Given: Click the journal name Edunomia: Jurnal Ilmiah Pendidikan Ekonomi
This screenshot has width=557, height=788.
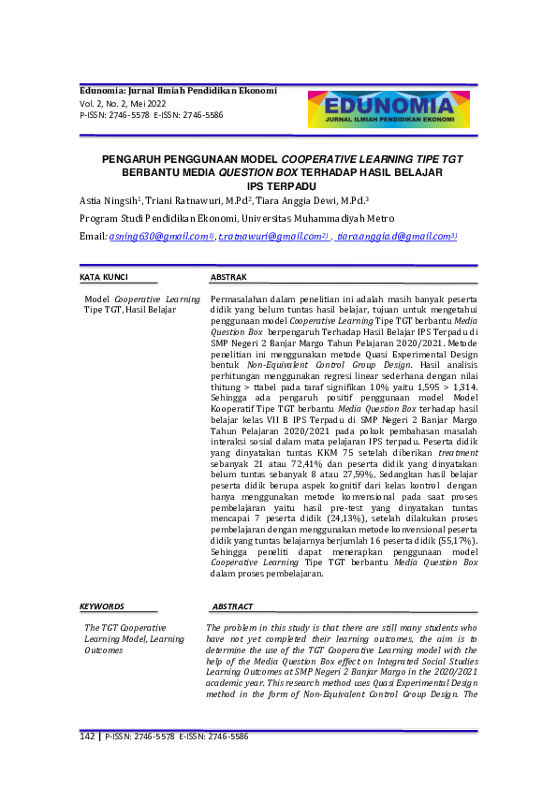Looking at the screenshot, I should [x=179, y=91].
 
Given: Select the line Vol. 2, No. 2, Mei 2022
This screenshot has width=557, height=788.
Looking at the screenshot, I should [x=123, y=102].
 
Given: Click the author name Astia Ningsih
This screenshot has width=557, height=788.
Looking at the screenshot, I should [x=109, y=200].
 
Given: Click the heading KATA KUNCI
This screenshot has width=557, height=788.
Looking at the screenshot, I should [x=104, y=278].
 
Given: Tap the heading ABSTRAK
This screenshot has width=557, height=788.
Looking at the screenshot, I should [x=228, y=278].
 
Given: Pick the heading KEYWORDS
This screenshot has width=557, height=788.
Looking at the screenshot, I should [x=102, y=607].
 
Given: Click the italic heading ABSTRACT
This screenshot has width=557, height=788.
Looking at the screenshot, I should [x=233, y=607].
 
